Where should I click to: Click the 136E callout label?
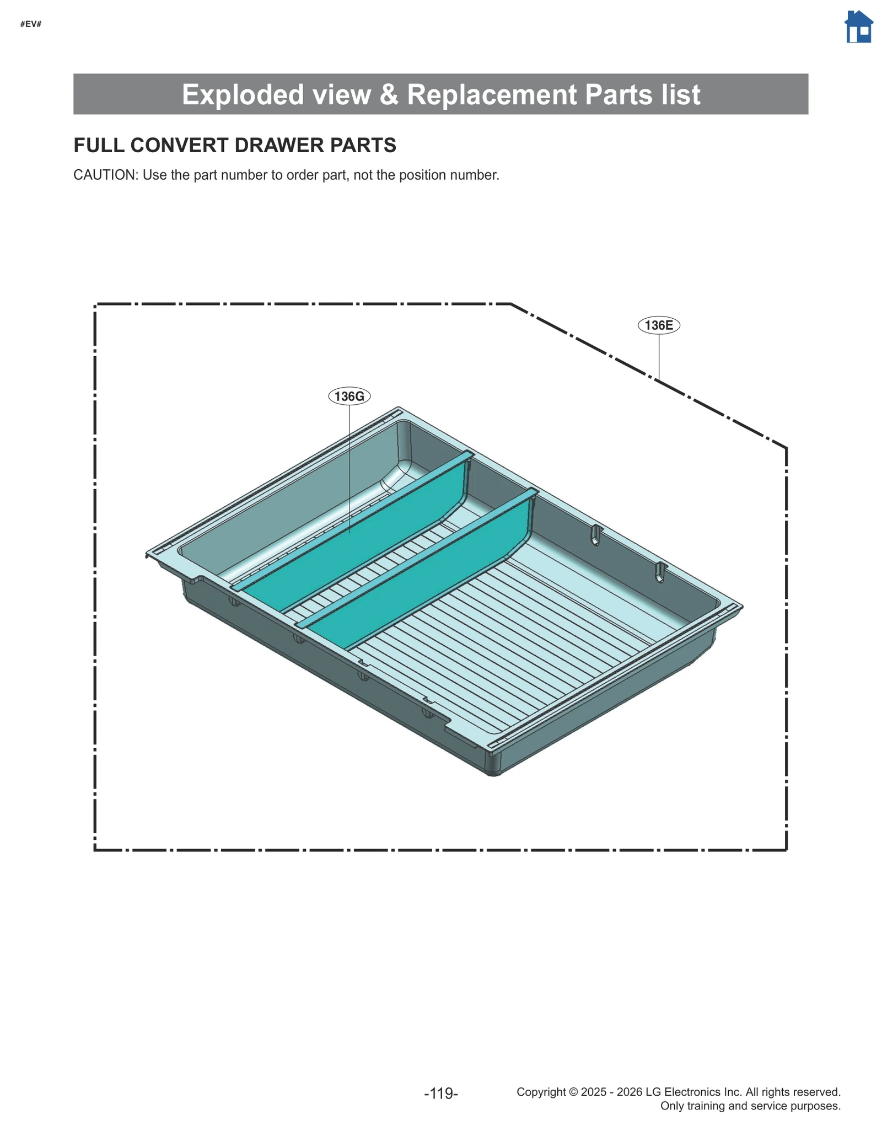point(659,325)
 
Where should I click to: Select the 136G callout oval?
point(349,396)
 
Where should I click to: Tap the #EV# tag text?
point(31,24)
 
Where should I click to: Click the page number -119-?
point(441,1093)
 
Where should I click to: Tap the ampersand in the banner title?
point(389,94)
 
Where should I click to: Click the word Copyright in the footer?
point(541,1092)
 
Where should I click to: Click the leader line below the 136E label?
point(659,356)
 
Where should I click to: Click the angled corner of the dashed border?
point(511,304)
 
